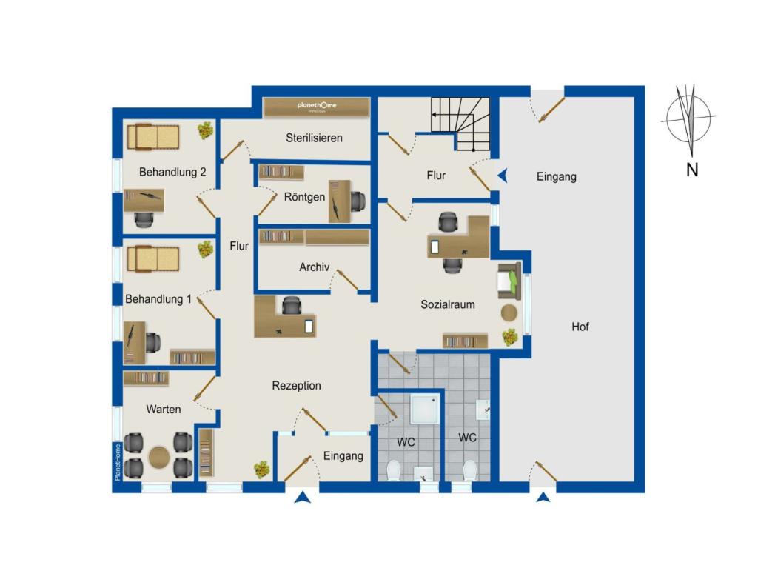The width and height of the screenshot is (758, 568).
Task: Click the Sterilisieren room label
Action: click(314, 138)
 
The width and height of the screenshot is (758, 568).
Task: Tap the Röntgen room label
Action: click(304, 196)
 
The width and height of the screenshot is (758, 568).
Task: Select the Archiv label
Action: click(314, 267)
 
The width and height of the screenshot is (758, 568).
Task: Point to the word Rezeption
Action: click(296, 386)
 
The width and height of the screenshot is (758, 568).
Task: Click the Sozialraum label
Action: click(448, 304)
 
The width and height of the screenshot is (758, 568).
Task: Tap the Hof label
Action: click(580, 327)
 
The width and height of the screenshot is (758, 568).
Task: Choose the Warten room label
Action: click(164, 410)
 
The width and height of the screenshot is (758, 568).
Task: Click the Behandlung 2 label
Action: click(172, 172)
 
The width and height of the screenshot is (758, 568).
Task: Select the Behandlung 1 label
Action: click(158, 299)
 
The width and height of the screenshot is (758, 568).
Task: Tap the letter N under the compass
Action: click(692, 170)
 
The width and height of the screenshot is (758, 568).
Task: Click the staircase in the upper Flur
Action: click(460, 124)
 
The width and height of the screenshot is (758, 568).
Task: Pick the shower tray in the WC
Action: click(425, 410)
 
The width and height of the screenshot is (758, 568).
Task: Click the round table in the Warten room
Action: click(158, 457)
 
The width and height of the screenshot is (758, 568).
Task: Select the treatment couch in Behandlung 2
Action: click(153, 137)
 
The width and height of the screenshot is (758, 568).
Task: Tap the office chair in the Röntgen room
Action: click(358, 201)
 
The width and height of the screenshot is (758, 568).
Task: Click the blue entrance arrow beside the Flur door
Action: click(503, 176)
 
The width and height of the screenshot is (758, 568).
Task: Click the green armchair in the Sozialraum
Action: click(509, 280)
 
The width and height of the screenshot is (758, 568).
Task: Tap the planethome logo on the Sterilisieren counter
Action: click(317, 105)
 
